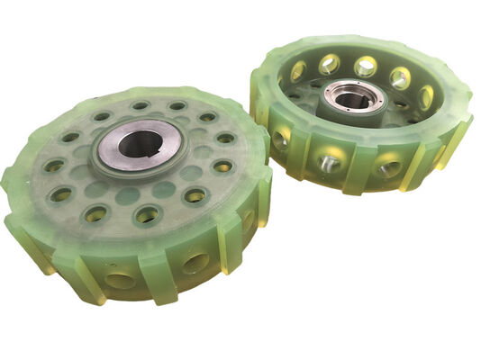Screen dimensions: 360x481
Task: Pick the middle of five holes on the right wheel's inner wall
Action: coord(366,66)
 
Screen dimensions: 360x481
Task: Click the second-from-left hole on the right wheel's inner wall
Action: coord(329,63)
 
